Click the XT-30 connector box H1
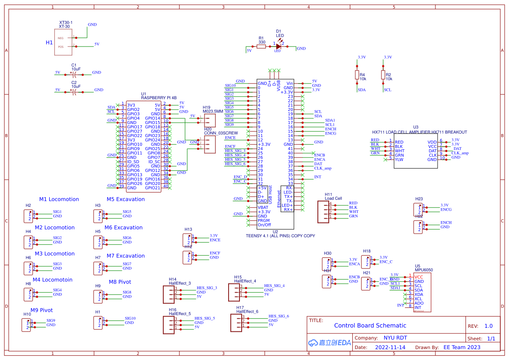(63, 42)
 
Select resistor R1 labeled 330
(261, 46)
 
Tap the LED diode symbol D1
(278, 46)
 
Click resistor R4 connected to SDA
(357, 75)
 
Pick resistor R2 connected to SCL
(383, 75)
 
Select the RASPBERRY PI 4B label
(158, 98)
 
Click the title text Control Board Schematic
(370, 326)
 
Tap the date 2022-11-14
(390, 347)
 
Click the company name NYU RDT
(395, 338)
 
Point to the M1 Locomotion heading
(59, 199)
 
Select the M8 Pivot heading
(120, 282)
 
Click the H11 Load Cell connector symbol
(323, 212)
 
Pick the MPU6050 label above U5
(424, 270)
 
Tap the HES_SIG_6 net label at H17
(279, 316)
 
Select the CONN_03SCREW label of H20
(221, 133)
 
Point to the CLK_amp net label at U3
(460, 153)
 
